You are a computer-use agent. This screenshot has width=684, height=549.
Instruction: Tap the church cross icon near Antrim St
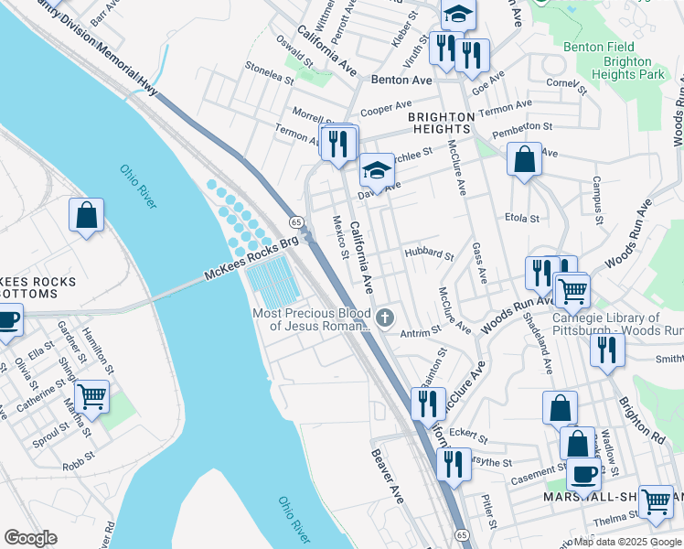tap(385, 318)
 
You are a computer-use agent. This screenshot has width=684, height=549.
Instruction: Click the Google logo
tap(30, 538)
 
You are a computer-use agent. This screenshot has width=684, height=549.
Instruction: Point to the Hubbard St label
tap(429, 254)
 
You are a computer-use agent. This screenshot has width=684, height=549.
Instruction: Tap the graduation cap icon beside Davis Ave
tap(376, 170)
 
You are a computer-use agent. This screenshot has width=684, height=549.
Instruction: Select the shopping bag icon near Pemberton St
tap(525, 159)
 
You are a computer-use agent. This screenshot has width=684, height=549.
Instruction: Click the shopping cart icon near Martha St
tap(91, 397)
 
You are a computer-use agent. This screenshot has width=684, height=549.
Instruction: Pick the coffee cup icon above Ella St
tap(7, 321)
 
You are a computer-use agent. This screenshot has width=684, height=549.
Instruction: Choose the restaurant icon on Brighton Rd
tap(606, 350)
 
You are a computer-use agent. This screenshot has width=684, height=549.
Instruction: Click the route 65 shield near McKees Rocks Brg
tap(296, 222)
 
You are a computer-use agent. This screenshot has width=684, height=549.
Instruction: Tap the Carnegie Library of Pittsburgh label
tap(617, 324)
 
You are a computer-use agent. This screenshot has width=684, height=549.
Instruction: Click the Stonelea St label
tap(269, 72)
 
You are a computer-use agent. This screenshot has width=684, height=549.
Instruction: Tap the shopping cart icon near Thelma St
tap(656, 501)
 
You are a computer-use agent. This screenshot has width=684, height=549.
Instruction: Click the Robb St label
tap(80, 459)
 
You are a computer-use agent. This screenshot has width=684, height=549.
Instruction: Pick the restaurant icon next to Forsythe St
tap(454, 464)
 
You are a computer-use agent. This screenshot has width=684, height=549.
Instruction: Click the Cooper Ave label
tap(383, 109)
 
